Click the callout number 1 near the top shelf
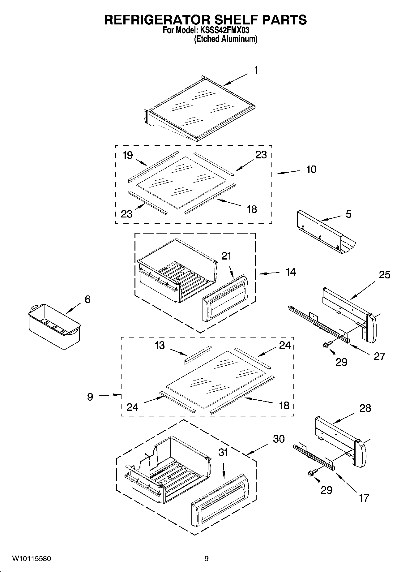[x=256, y=71]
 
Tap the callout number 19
[x=127, y=155]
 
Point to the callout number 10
[x=311, y=170]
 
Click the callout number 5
[x=348, y=214]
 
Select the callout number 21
[x=226, y=256]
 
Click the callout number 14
[x=290, y=272]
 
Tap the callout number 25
[x=384, y=275]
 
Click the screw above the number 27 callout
[x=327, y=345]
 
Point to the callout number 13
[x=160, y=345]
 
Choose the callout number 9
[x=90, y=397]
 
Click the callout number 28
[x=365, y=408]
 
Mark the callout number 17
[x=364, y=498]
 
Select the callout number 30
[x=279, y=439]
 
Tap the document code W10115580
[x=32, y=559]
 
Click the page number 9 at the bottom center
[x=207, y=559]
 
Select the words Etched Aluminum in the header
[x=225, y=39]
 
